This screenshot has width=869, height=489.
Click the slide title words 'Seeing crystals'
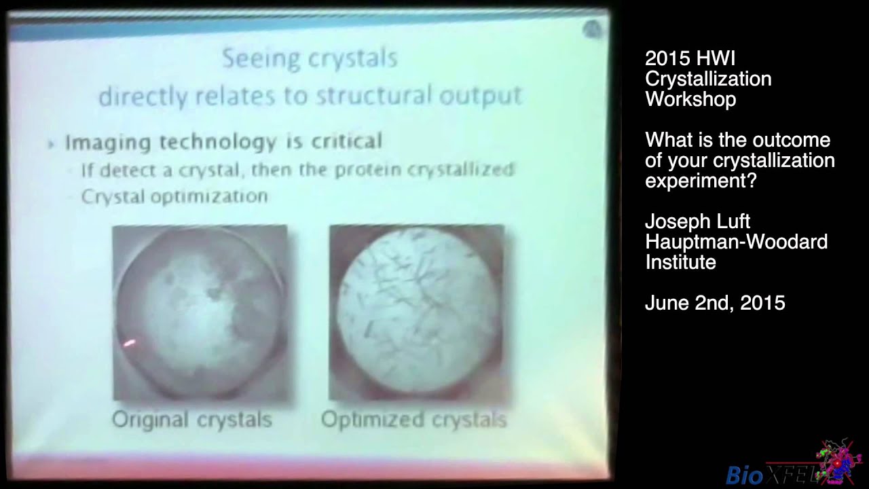(x=310, y=58)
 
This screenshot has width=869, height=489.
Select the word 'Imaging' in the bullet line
(x=109, y=142)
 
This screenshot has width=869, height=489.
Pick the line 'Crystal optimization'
(x=174, y=196)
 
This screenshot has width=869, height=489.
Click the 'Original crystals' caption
(x=192, y=420)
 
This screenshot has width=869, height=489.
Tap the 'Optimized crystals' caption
(x=413, y=420)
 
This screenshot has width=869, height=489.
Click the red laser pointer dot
(x=129, y=344)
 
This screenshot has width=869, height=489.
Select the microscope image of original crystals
(x=200, y=312)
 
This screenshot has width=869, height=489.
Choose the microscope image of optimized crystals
(x=416, y=312)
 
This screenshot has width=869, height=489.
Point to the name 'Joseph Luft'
(x=697, y=221)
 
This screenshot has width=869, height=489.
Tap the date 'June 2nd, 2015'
(x=715, y=303)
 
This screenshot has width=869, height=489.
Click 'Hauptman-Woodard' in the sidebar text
(x=736, y=242)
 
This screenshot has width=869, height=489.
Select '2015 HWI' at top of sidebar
(x=690, y=58)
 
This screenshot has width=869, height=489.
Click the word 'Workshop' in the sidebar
(x=690, y=99)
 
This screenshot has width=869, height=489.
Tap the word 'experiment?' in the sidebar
(x=701, y=181)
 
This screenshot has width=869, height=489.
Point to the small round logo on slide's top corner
(x=592, y=29)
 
